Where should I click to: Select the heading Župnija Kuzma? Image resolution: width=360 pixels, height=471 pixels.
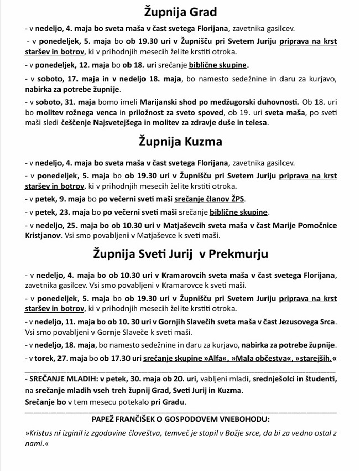(180, 141)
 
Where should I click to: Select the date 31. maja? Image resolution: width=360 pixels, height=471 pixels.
(71, 103)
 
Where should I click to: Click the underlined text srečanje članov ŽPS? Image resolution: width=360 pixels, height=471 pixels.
(211, 199)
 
